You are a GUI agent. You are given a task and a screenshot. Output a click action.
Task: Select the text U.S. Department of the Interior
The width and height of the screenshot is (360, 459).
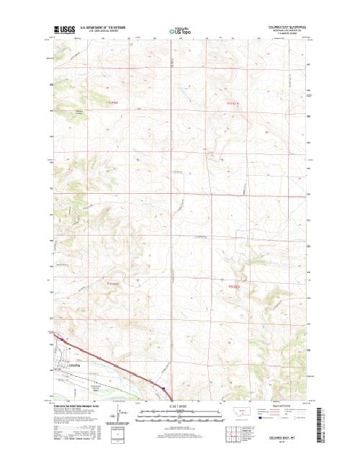coord(107,27)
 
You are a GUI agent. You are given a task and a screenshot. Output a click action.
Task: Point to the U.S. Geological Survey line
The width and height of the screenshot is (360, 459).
coord(107,32)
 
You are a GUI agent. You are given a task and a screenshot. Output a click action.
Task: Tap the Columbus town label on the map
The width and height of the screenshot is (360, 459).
coord(71,366)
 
